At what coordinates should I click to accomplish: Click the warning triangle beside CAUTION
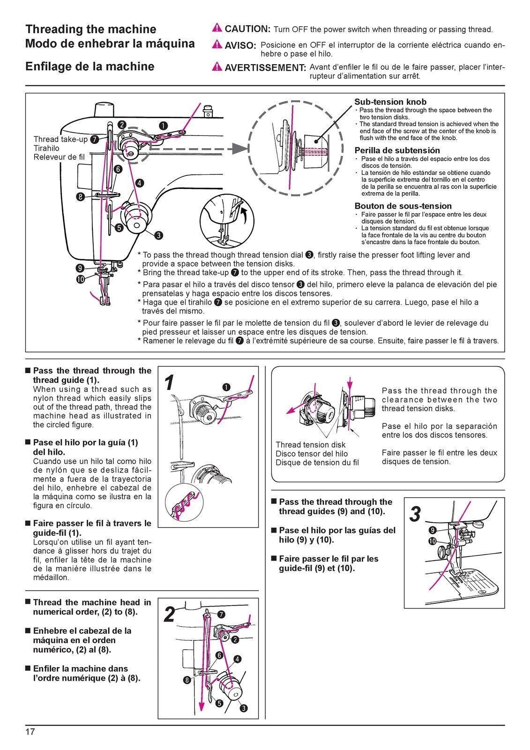point(217,28)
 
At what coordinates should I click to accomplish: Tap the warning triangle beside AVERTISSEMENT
point(217,67)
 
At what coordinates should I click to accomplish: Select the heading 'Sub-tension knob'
point(390,102)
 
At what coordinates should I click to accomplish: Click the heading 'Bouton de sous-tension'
point(403,206)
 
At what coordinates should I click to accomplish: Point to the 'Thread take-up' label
point(60,139)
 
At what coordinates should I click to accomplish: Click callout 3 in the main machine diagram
point(159,235)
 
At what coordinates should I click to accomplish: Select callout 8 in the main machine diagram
point(81,197)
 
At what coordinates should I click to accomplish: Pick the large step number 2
point(170,615)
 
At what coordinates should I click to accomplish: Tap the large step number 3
point(415,514)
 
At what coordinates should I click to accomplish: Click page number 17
point(30,732)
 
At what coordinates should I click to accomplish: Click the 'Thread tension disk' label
point(310,444)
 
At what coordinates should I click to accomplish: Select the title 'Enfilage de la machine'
point(90,67)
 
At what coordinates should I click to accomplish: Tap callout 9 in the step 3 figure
point(433,530)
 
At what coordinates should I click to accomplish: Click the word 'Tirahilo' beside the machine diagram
point(46,148)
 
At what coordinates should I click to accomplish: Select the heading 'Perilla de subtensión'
point(397,150)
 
